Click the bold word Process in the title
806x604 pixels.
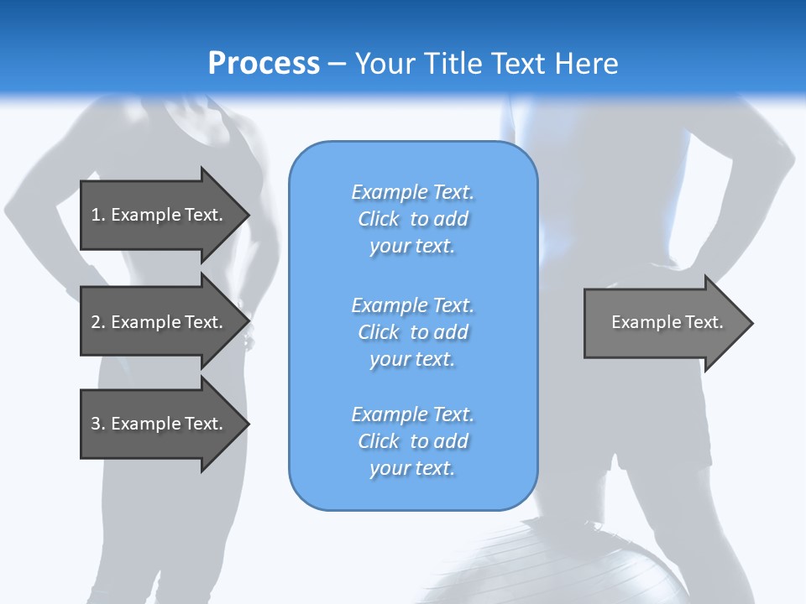pyautogui.click(x=264, y=64)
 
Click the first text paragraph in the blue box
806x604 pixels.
pyautogui.click(x=412, y=219)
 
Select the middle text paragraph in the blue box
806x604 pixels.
pyautogui.click(x=412, y=332)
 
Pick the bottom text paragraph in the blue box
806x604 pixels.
pyautogui.click(x=412, y=441)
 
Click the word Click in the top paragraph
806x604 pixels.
pyautogui.click(x=379, y=219)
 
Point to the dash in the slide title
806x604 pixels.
pyautogui.click(x=338, y=64)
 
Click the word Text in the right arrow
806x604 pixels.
pyautogui.click(x=704, y=322)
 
